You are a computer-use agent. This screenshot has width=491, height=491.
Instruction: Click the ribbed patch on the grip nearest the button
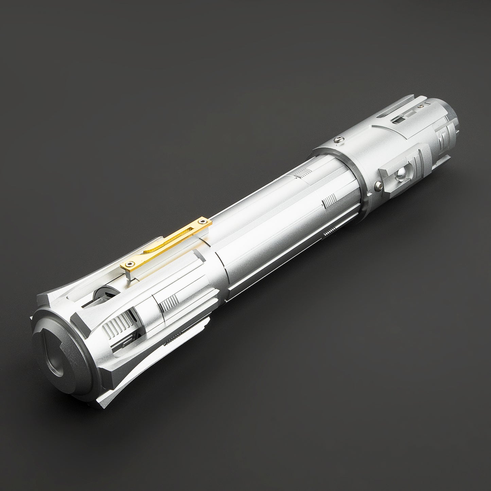point(329,202)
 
